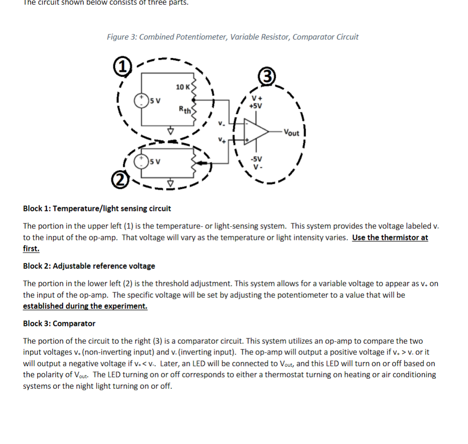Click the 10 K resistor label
click(183, 87)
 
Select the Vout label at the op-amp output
click(291, 133)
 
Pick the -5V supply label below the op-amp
click(256, 159)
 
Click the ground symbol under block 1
click(171, 131)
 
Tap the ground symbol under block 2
click(171, 183)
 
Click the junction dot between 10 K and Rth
click(199, 98)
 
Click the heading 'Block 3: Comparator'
click(59, 323)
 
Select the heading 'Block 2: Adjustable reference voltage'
click(89, 266)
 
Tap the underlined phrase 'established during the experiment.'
click(85, 306)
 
